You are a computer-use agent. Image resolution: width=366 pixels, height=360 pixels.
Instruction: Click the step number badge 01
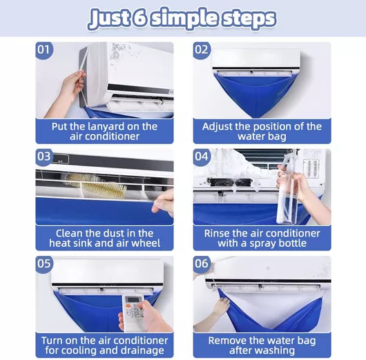(x=44, y=50)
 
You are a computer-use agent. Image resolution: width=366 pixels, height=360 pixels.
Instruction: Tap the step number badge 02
(x=202, y=50)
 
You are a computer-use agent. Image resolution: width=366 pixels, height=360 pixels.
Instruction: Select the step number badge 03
(x=44, y=157)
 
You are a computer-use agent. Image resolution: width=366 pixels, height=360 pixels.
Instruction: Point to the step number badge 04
(x=202, y=157)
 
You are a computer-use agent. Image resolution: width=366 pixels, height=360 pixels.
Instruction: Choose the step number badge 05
(x=44, y=263)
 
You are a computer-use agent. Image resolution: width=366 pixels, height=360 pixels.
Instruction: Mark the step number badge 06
(x=202, y=263)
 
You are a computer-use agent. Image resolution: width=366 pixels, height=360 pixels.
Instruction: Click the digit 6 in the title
(x=139, y=17)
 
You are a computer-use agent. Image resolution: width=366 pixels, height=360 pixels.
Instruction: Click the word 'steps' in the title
(x=249, y=19)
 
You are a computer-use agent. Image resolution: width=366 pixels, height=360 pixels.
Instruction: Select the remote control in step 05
(x=133, y=312)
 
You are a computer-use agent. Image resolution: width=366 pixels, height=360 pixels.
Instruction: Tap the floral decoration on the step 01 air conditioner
(x=124, y=52)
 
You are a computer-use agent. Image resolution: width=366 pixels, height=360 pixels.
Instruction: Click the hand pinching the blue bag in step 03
(x=164, y=202)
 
